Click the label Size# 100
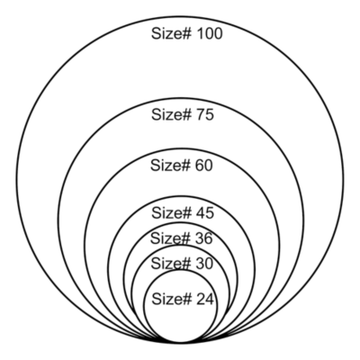click(186, 33)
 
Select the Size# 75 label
click(183, 114)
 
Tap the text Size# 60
click(182, 166)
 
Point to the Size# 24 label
click(183, 299)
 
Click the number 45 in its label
click(205, 213)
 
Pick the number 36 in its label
click(203, 238)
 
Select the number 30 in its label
click(204, 264)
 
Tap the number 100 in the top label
click(210, 33)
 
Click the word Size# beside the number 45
click(171, 213)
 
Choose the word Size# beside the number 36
click(170, 238)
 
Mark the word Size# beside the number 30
click(170, 264)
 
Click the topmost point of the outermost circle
click(180, 17)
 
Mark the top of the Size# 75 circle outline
click(181, 98)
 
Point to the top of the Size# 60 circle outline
click(182, 148)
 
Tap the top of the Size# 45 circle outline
click(182, 197)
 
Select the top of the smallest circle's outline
click(181, 270)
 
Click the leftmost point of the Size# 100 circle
click(16, 180)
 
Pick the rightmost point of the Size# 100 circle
click(344, 180)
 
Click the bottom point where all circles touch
click(181, 343)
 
